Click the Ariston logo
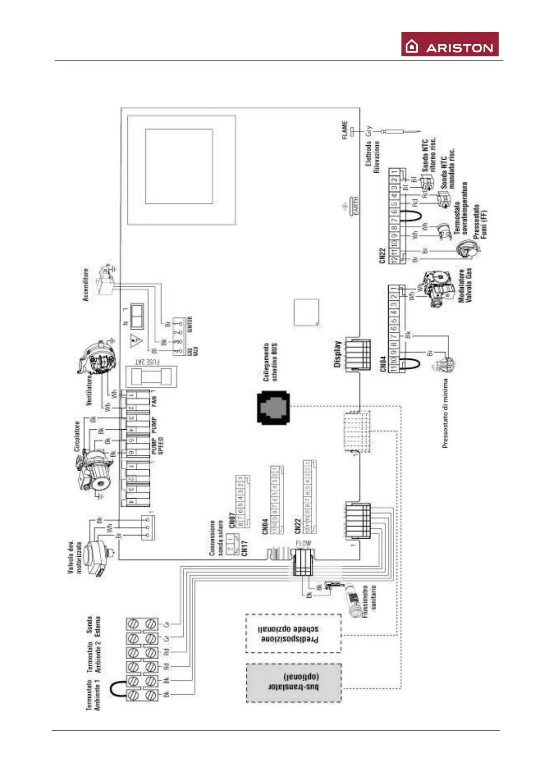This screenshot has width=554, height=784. (449, 44)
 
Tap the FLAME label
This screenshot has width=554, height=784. (345, 130)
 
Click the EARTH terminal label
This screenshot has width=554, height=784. (356, 206)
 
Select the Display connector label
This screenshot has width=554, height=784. (338, 354)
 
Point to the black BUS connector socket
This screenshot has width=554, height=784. (273, 408)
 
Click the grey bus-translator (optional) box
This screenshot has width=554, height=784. (294, 683)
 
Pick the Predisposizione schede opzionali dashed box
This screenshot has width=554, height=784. (294, 634)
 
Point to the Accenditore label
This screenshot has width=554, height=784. (86, 284)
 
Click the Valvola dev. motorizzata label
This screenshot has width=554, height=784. (75, 557)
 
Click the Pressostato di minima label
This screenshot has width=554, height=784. (445, 413)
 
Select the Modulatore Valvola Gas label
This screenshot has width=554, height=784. (465, 285)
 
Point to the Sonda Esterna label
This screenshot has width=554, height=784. (93, 626)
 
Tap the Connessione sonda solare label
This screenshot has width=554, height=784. (216, 538)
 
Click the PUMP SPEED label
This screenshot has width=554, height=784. (157, 446)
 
